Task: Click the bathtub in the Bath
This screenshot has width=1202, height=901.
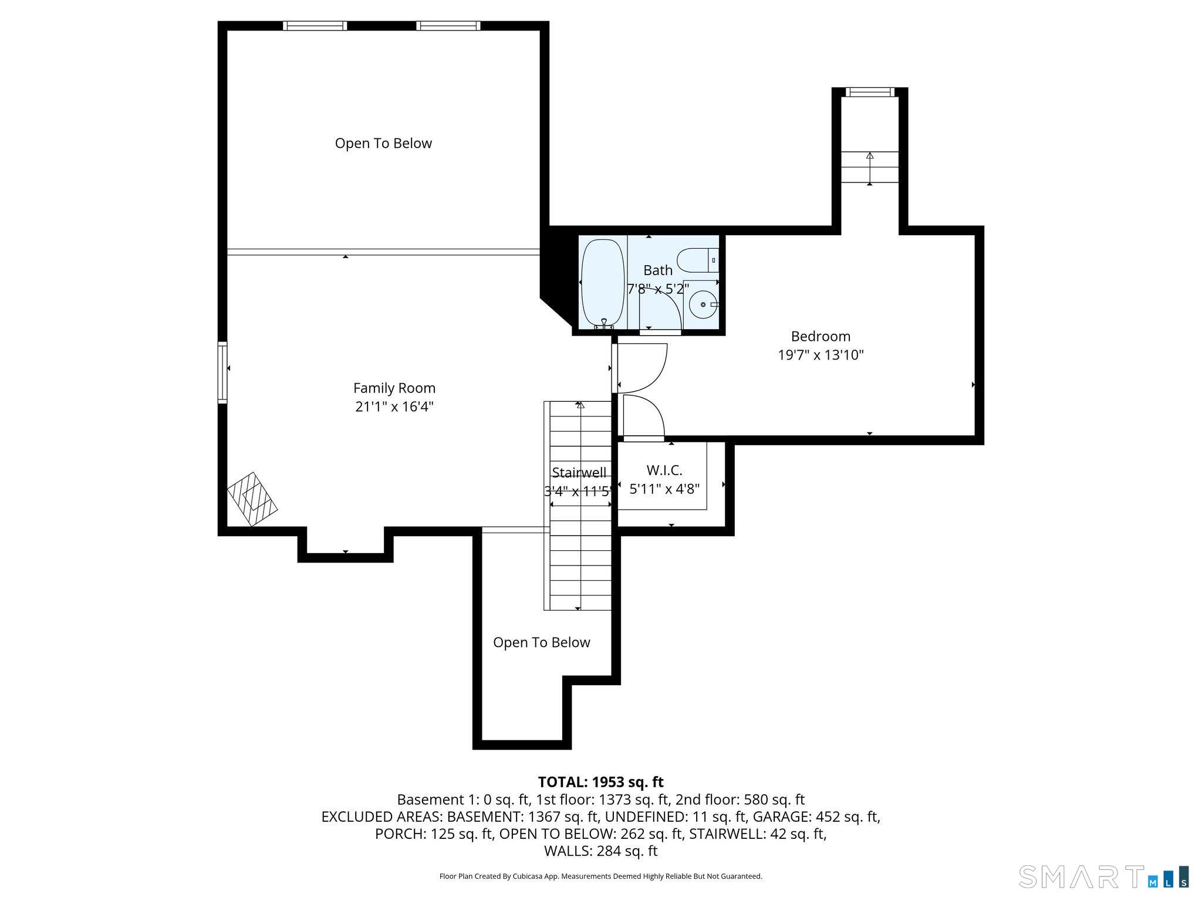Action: click(602, 283)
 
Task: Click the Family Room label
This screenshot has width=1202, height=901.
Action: click(394, 388)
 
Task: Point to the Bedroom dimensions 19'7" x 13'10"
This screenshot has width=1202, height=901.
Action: click(821, 355)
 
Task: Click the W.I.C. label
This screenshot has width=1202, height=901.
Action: click(664, 470)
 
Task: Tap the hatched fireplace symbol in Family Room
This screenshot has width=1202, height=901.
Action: click(252, 499)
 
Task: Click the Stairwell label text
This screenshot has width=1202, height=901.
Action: click(579, 473)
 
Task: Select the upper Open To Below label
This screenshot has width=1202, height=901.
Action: click(383, 143)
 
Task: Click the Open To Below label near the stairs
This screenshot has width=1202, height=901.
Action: click(541, 642)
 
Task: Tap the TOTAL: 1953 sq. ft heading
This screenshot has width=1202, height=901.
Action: click(600, 782)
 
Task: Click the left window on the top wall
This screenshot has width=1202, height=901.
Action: click(315, 26)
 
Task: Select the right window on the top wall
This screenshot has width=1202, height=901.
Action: click(448, 26)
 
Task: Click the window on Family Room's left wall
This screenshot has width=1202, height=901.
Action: click(222, 372)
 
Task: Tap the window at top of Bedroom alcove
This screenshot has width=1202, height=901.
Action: click(870, 92)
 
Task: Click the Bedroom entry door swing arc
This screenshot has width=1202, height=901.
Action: click(643, 368)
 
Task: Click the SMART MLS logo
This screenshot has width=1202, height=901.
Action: click(1103, 876)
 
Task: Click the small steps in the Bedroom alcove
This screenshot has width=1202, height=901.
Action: click(870, 167)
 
